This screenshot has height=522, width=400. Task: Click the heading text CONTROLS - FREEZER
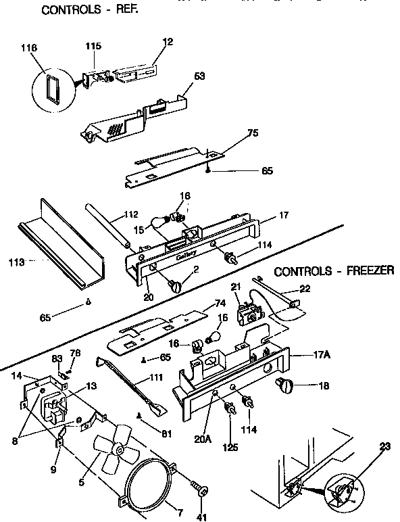click(334, 271)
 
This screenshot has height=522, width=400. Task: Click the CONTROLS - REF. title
click(84, 10)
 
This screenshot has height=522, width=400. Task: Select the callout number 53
click(199, 75)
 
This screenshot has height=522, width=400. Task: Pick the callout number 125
click(231, 446)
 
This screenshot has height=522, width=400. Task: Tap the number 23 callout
click(384, 446)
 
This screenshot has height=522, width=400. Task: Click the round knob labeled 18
click(284, 386)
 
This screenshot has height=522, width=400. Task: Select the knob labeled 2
click(178, 287)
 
